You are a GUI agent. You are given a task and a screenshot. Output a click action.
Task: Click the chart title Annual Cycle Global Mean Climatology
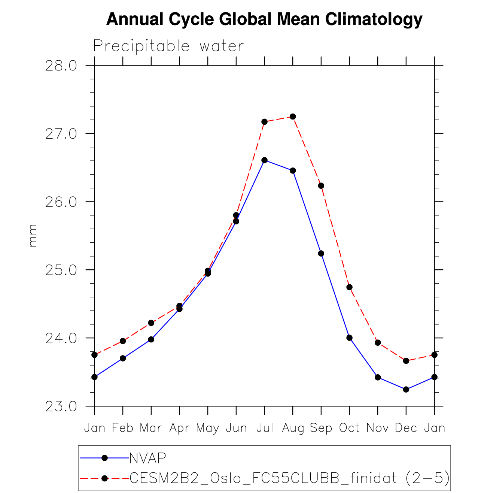click(264, 19)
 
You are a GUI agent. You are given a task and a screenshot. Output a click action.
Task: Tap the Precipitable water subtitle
click(168, 46)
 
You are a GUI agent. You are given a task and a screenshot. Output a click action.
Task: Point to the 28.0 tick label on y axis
click(61, 66)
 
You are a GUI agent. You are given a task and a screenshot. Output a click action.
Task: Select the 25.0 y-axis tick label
click(61, 270)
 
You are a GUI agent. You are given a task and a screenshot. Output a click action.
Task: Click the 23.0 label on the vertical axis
click(61, 406)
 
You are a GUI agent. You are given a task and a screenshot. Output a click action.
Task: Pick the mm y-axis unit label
click(33, 235)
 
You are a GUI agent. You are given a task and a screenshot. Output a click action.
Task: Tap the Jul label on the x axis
click(265, 428)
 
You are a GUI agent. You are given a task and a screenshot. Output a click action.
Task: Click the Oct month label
click(349, 428)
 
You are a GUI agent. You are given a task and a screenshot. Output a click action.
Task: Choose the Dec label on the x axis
click(406, 428)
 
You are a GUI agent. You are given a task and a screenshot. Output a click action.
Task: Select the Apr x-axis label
click(179, 428)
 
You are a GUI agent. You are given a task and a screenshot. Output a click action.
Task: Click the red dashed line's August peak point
click(293, 117)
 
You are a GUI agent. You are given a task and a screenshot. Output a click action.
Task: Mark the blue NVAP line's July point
click(265, 160)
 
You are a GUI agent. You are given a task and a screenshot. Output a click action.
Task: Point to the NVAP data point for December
click(406, 390)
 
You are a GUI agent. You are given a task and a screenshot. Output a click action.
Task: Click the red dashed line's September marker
click(321, 186)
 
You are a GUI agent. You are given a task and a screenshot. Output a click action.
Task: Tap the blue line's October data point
click(350, 338)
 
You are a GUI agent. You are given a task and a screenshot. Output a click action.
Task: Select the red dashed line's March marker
click(151, 323)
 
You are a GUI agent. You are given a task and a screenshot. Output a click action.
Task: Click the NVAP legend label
click(147, 458)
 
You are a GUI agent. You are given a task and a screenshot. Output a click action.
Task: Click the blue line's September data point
click(321, 254)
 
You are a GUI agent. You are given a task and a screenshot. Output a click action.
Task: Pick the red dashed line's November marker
click(378, 343)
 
